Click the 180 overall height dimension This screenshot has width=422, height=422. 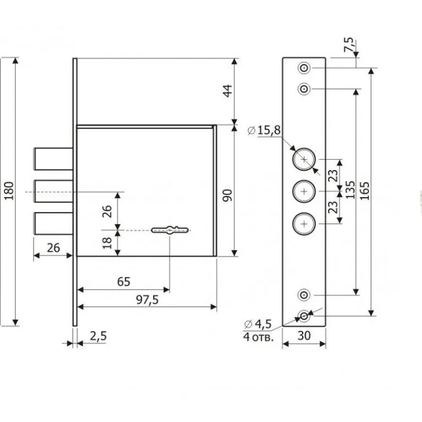click(x=9, y=190)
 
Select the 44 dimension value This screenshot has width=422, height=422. click(x=227, y=90)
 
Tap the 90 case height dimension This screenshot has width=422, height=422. click(x=227, y=196)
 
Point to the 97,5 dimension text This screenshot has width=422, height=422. click(x=147, y=300)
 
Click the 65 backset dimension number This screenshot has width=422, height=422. click(x=124, y=281)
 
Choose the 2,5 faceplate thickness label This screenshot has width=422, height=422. click(x=98, y=336)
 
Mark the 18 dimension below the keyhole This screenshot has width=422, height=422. click(x=107, y=243)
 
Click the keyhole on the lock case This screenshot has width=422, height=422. click(x=170, y=230)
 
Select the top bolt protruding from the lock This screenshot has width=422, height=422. click(x=53, y=159)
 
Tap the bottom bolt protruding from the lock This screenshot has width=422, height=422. click(x=53, y=223)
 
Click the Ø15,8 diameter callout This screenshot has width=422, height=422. click(x=264, y=130)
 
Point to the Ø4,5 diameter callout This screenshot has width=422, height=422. click(x=258, y=324)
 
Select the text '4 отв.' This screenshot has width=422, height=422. click(x=258, y=337)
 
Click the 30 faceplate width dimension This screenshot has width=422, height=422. click(x=304, y=336)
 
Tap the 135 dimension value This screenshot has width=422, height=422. click(x=350, y=190)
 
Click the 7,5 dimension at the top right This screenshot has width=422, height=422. click(x=349, y=45)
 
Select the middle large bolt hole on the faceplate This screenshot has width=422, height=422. click(x=304, y=191)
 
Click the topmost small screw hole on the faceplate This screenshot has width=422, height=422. click(x=304, y=68)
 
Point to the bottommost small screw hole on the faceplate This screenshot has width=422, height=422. click(x=304, y=316)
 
